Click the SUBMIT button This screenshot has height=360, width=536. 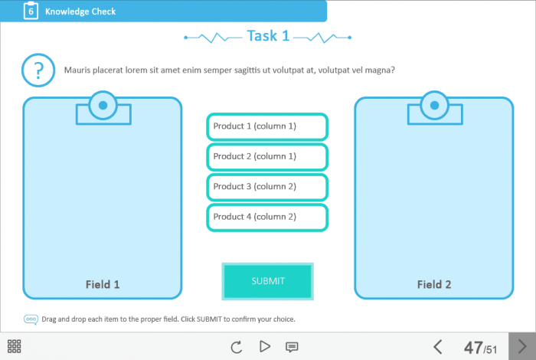tap(268, 281)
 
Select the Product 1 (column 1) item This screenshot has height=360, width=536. tap(267, 126)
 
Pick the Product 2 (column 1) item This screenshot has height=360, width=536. tap(267, 156)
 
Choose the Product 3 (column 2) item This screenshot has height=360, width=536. tap(267, 187)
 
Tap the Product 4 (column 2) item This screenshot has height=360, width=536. tap(267, 217)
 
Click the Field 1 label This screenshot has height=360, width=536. tap(103, 284)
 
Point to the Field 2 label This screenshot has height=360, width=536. tap(434, 284)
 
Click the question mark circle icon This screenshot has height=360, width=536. tap(38, 70)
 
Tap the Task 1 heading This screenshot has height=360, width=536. tap(268, 36)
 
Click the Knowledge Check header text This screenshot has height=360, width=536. tap(80, 11)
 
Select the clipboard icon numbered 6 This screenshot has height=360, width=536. tap(31, 11)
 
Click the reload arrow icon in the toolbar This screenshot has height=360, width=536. tap(236, 347)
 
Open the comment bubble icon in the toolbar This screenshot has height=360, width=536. tap(292, 347)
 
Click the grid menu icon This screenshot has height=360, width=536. tap(14, 346)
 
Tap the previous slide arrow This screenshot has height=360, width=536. tap(438, 347)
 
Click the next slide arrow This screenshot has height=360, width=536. tap(522, 346)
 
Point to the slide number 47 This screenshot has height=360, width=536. tap(473, 348)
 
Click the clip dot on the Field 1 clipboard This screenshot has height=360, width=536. tap(103, 105)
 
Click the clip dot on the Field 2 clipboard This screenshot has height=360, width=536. tap(434, 105)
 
